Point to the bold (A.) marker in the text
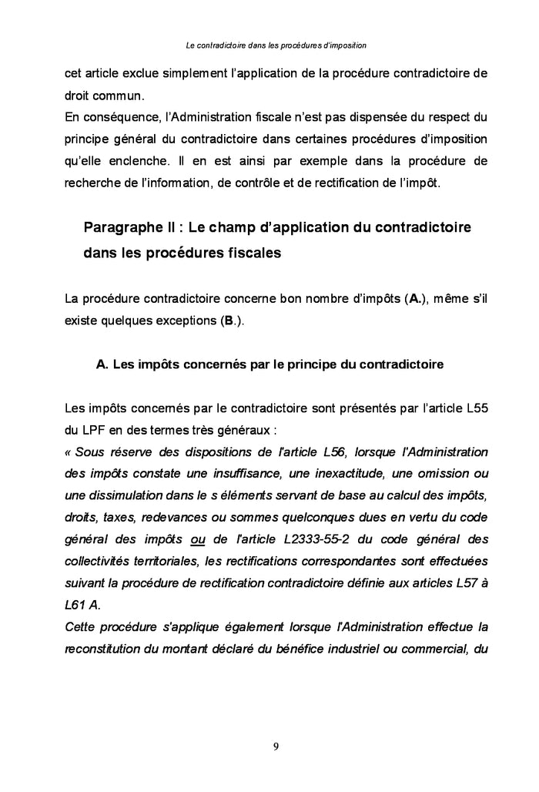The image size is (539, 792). pos(413,299)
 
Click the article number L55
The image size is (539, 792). pos(475,408)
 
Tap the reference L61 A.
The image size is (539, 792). pos(82,603)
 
